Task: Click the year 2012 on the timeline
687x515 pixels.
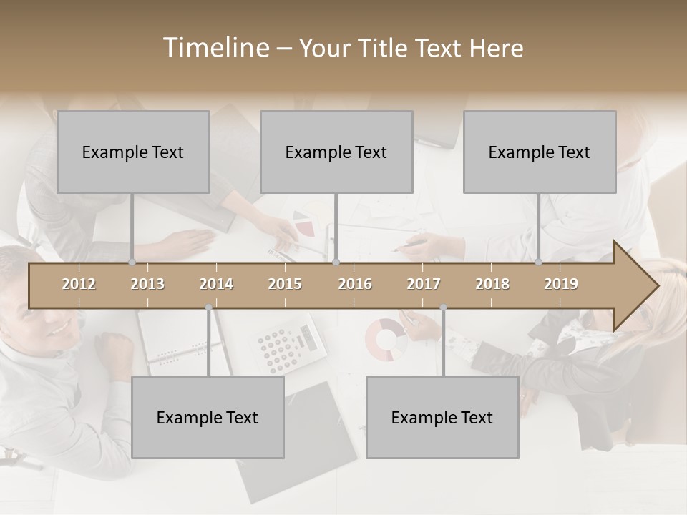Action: point(79,285)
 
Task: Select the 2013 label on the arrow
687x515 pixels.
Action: point(147,285)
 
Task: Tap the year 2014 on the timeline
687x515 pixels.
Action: point(216,285)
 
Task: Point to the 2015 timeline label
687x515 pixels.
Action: point(285,285)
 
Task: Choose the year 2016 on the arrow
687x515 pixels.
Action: point(355,285)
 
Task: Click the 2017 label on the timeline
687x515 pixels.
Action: point(424,285)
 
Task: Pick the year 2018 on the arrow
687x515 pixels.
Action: point(492,285)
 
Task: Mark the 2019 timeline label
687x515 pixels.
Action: point(561,285)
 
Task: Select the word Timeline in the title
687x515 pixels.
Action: point(214,48)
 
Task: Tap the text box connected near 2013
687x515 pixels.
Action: point(133,152)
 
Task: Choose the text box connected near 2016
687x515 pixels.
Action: point(336,152)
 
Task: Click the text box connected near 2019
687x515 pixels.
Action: point(540,152)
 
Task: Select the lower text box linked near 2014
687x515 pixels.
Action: point(208,417)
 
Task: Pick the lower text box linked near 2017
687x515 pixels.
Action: point(442,417)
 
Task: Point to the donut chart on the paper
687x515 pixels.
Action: point(386,338)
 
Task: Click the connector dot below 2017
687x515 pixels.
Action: point(444,308)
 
